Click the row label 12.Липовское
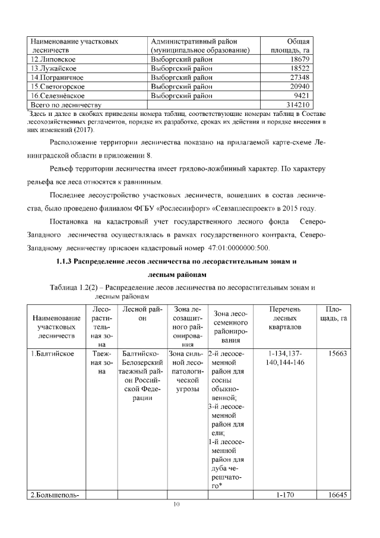pos(51,60)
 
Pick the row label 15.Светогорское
pos(57,87)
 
